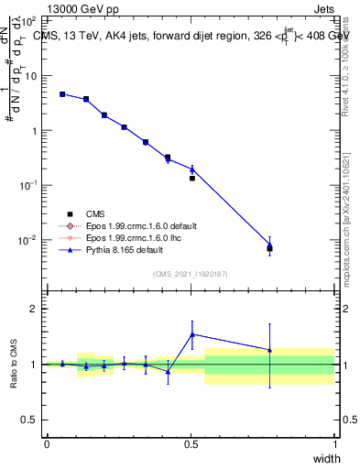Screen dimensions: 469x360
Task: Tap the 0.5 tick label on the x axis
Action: pyautogui.click(x=191, y=444)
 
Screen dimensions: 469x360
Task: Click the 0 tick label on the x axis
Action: pyautogui.click(x=47, y=444)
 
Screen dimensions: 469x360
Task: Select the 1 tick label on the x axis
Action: pyautogui.click(x=335, y=444)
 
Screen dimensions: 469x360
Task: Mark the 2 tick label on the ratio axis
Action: pyautogui.click(x=32, y=309)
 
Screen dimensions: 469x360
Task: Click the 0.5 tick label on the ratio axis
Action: pyautogui.click(x=28, y=420)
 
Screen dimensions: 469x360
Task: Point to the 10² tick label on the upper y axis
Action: pyautogui.click(x=28, y=20)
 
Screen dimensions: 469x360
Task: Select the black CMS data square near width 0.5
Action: pyautogui.click(x=191, y=178)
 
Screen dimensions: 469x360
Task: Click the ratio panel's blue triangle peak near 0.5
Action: pyautogui.click(x=191, y=334)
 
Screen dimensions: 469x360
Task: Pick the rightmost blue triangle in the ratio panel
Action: pyautogui.click(x=269, y=350)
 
